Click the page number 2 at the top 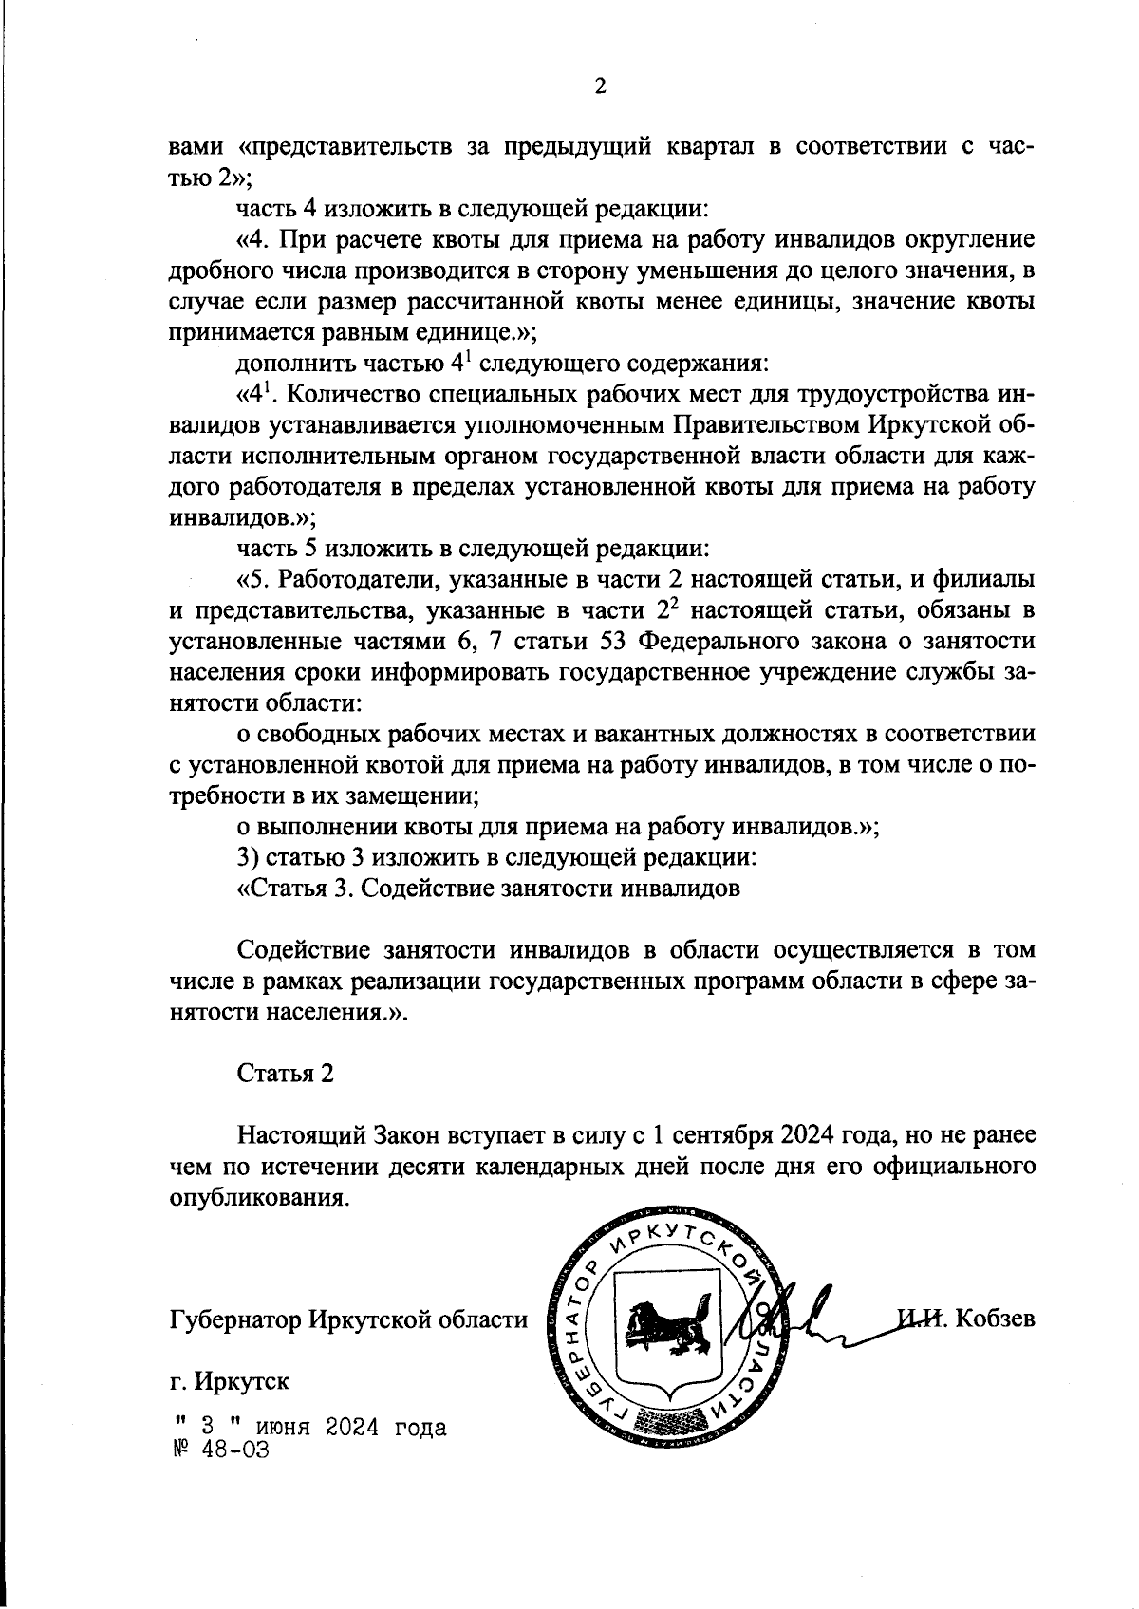coord(599,87)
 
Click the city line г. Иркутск coord(229,1380)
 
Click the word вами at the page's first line coord(196,147)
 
